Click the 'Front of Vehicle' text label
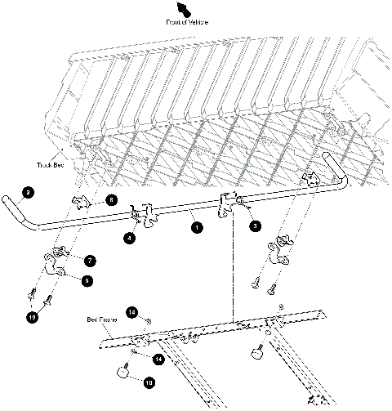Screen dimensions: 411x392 click(x=186, y=21)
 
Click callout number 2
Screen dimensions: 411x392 click(x=29, y=194)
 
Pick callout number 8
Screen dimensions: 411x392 click(x=112, y=199)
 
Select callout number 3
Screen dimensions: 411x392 click(x=256, y=225)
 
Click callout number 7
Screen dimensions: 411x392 click(x=89, y=260)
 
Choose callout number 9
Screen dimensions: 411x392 click(x=87, y=280)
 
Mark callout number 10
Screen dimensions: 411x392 click(x=149, y=382)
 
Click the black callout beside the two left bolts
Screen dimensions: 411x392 click(x=32, y=316)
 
